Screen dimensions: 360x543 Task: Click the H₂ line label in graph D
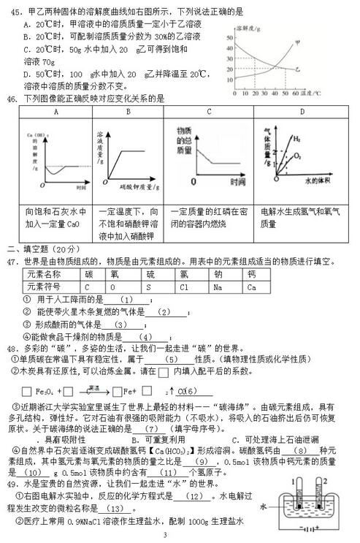click(297, 139)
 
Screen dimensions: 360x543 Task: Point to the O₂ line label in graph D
click(296, 156)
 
